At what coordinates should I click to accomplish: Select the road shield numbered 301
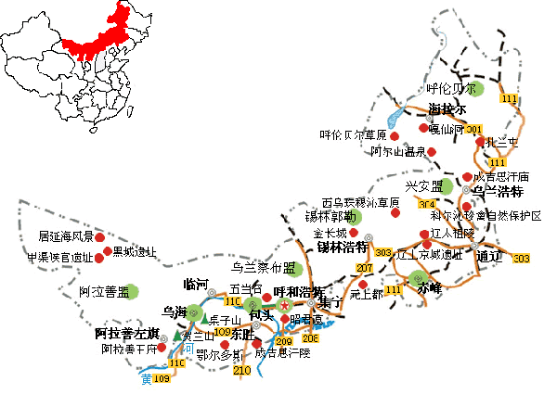pos(474,129)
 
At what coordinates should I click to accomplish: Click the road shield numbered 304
pos(427,204)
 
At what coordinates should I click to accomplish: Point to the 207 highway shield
pos(363,268)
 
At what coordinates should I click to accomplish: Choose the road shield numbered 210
pos(242,370)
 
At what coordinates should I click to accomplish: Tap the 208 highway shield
pos(310,337)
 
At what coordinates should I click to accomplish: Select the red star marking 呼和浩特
pos(284,305)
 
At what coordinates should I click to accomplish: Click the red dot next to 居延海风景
pos(100,237)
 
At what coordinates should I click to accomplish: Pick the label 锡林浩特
pos(341,248)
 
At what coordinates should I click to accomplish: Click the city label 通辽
pos(489,256)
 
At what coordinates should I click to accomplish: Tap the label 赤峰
pos(430,288)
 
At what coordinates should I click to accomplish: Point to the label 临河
pos(197,284)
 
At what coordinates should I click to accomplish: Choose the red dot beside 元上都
pos(363,285)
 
